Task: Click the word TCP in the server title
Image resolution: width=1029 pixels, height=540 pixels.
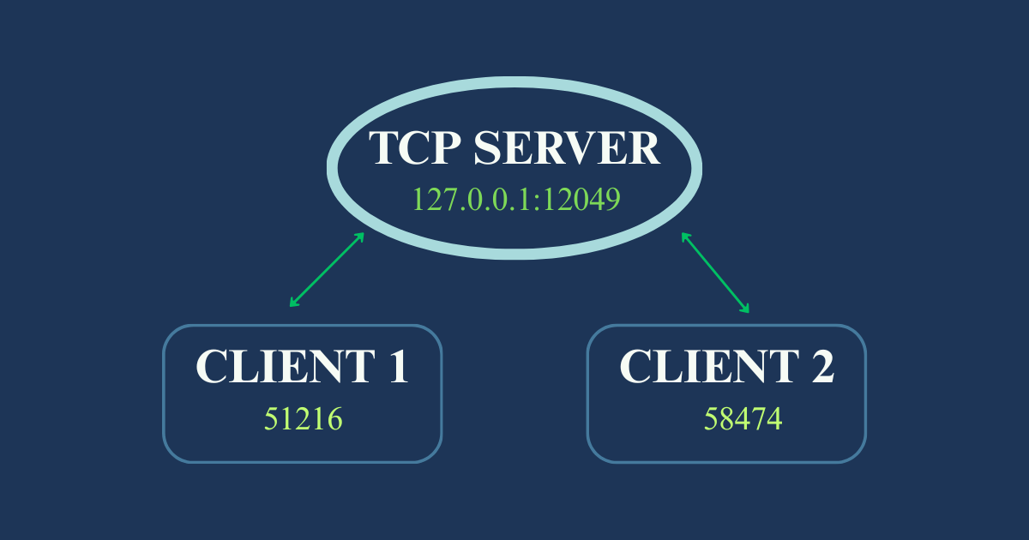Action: pos(414,148)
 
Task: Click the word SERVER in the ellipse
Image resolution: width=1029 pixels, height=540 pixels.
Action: pos(567,148)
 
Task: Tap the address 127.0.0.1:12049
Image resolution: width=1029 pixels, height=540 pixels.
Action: pos(516,199)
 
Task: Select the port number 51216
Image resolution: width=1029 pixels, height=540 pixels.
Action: pos(303,419)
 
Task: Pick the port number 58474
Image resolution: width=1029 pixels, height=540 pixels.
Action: pos(743,419)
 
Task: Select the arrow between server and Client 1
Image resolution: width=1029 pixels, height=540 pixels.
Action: pos(327,269)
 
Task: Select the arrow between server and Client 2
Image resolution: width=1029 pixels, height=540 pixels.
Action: pos(716,273)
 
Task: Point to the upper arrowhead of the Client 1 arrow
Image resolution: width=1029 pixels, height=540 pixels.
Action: pos(360,236)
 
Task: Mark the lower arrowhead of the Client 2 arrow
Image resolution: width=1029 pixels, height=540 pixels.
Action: pos(746,309)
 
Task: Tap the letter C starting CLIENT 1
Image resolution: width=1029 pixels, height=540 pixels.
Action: pos(212,367)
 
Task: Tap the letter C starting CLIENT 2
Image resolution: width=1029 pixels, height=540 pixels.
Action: pos(635,367)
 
